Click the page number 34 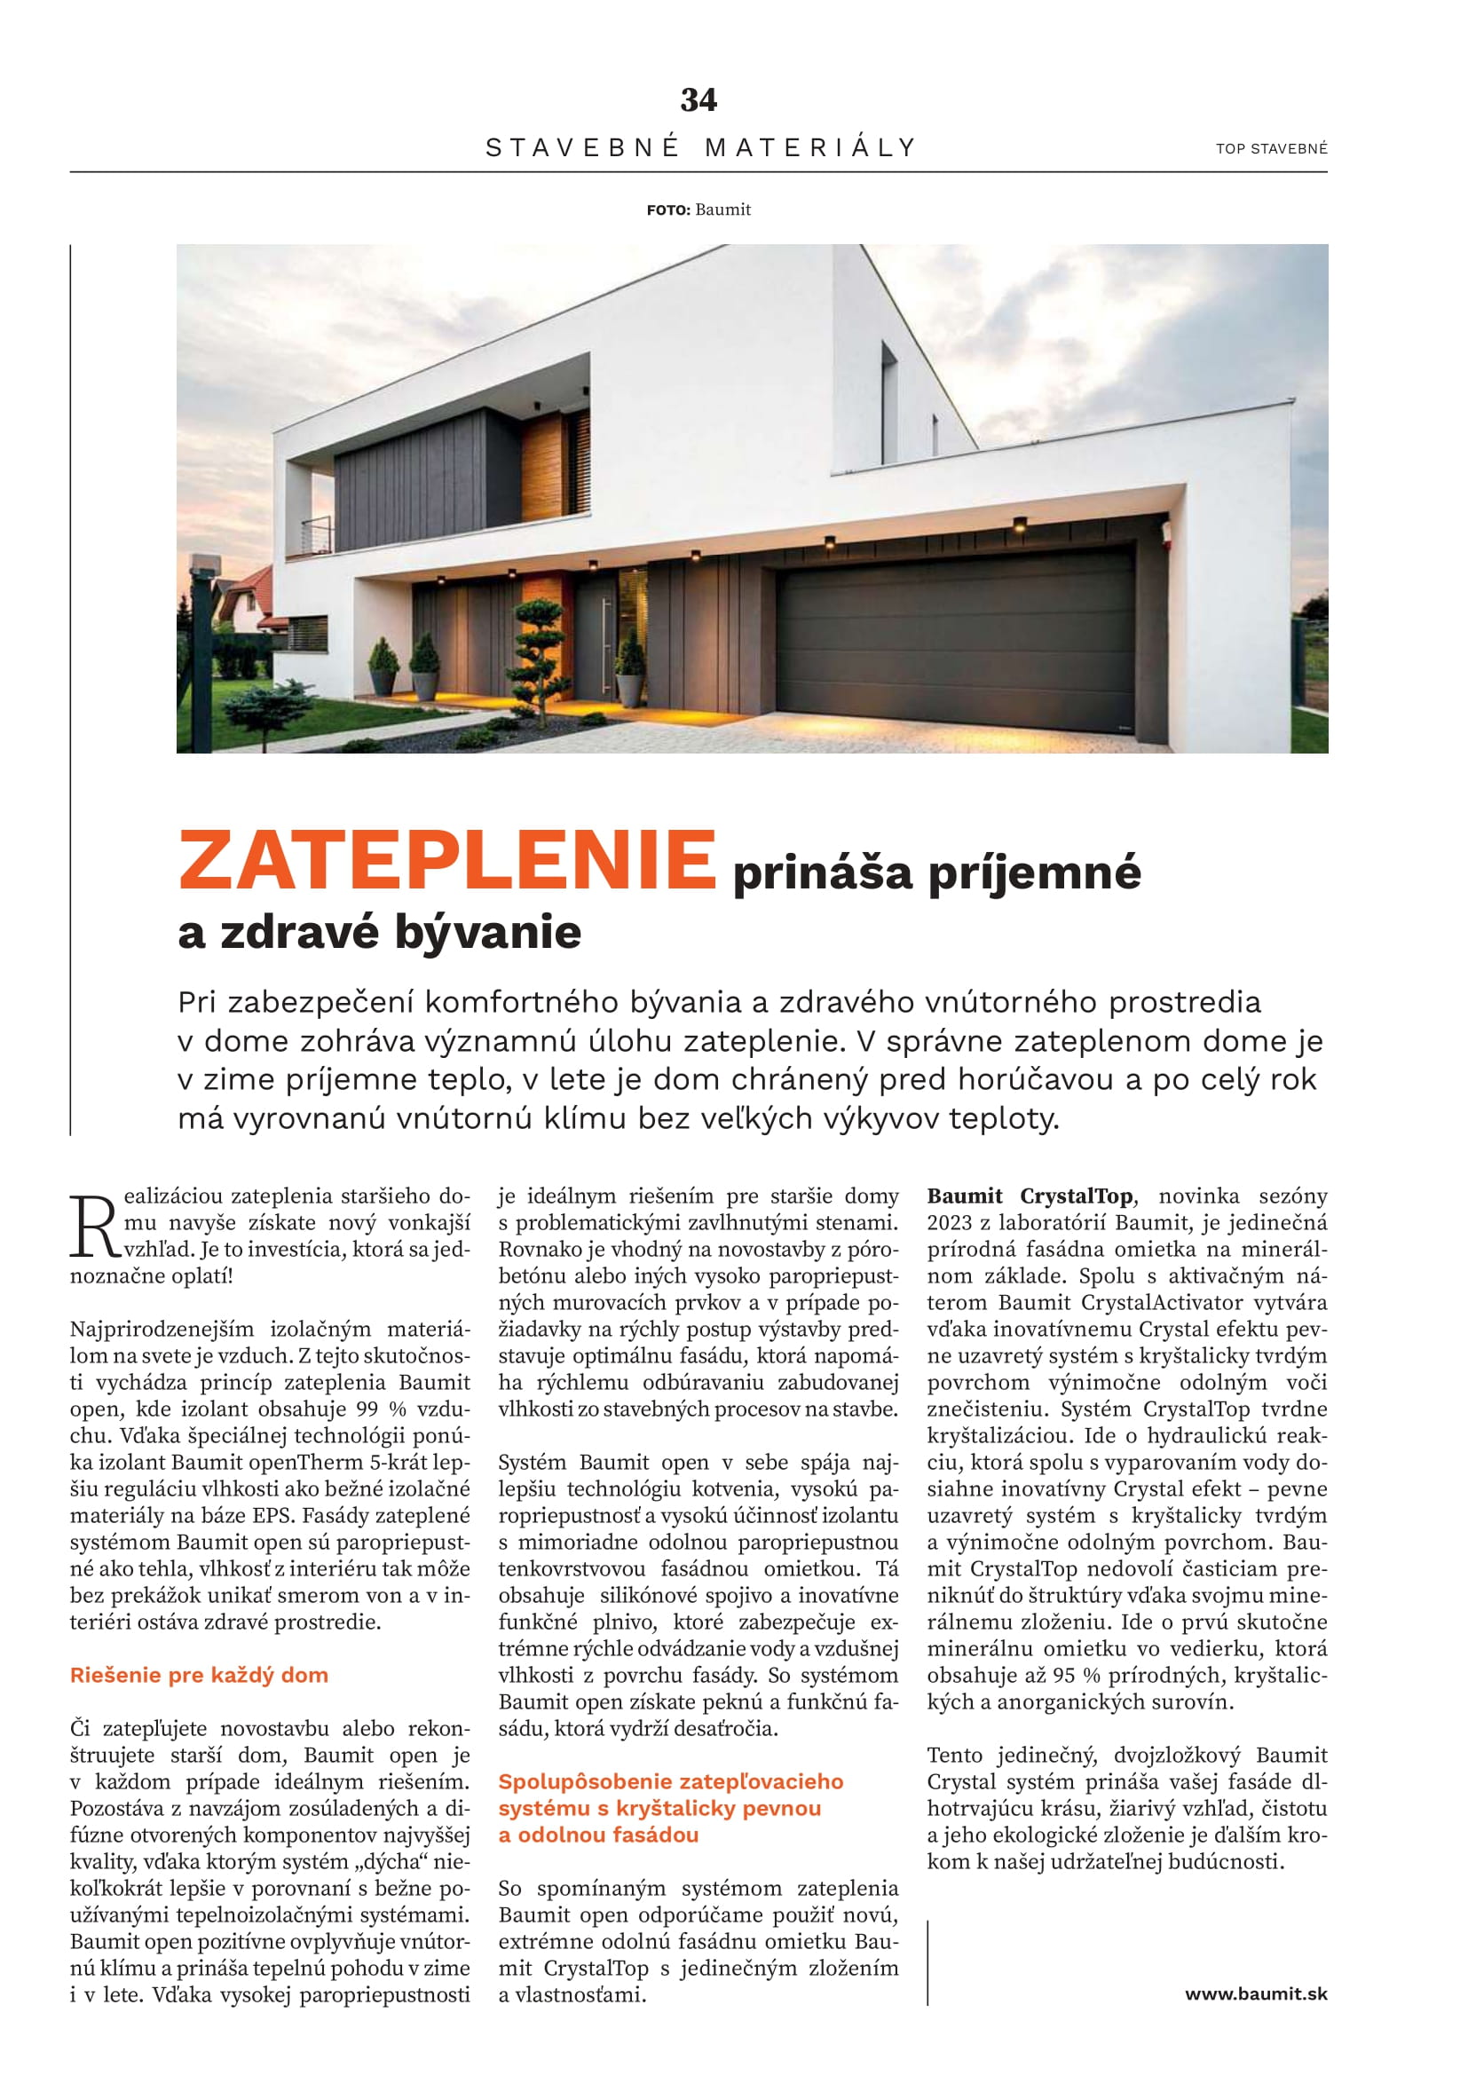[x=698, y=99]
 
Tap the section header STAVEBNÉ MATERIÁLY [x=701, y=147]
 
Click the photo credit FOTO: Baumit [x=698, y=209]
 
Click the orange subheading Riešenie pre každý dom [x=199, y=1675]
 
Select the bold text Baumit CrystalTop [x=1029, y=1196]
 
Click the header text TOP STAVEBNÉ [x=1271, y=149]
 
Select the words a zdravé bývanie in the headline [x=380, y=932]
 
